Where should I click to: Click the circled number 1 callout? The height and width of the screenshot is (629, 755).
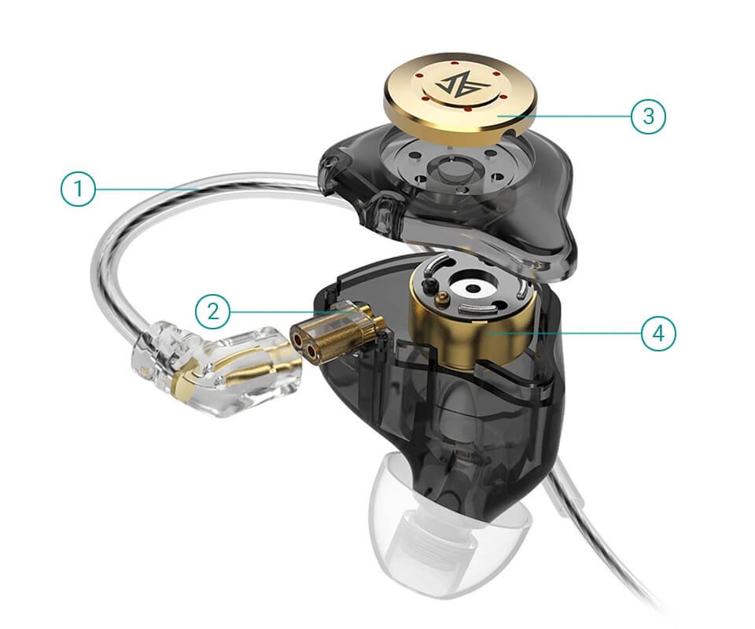(78, 189)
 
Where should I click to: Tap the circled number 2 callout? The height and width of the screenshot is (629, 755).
(213, 312)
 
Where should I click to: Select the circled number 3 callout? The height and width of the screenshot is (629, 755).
(648, 116)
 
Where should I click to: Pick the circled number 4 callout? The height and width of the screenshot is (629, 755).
(658, 333)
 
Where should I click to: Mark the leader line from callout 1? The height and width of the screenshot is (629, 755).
(148, 189)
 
